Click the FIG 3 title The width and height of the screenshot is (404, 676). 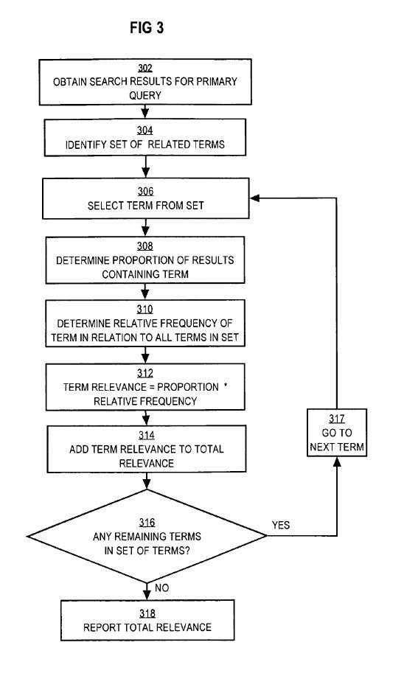147,28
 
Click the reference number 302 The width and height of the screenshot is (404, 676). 145,68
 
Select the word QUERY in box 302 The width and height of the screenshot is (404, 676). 145,95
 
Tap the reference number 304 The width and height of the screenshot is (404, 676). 145,130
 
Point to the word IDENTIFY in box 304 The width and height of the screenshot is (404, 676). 86,144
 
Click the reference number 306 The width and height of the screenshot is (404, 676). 145,191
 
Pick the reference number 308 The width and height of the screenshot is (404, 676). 145,245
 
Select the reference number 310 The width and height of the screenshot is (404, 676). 145,309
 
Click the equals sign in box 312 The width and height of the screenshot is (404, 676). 152,387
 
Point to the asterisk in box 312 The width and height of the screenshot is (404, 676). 226,385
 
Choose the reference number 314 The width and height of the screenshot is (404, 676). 147,436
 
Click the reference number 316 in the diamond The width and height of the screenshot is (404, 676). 147,523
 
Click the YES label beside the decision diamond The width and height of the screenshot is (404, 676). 281,525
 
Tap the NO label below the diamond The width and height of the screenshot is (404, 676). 161,588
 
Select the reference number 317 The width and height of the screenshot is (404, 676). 337,419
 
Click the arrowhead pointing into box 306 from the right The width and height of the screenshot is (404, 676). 254,198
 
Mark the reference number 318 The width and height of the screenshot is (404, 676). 147,613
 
